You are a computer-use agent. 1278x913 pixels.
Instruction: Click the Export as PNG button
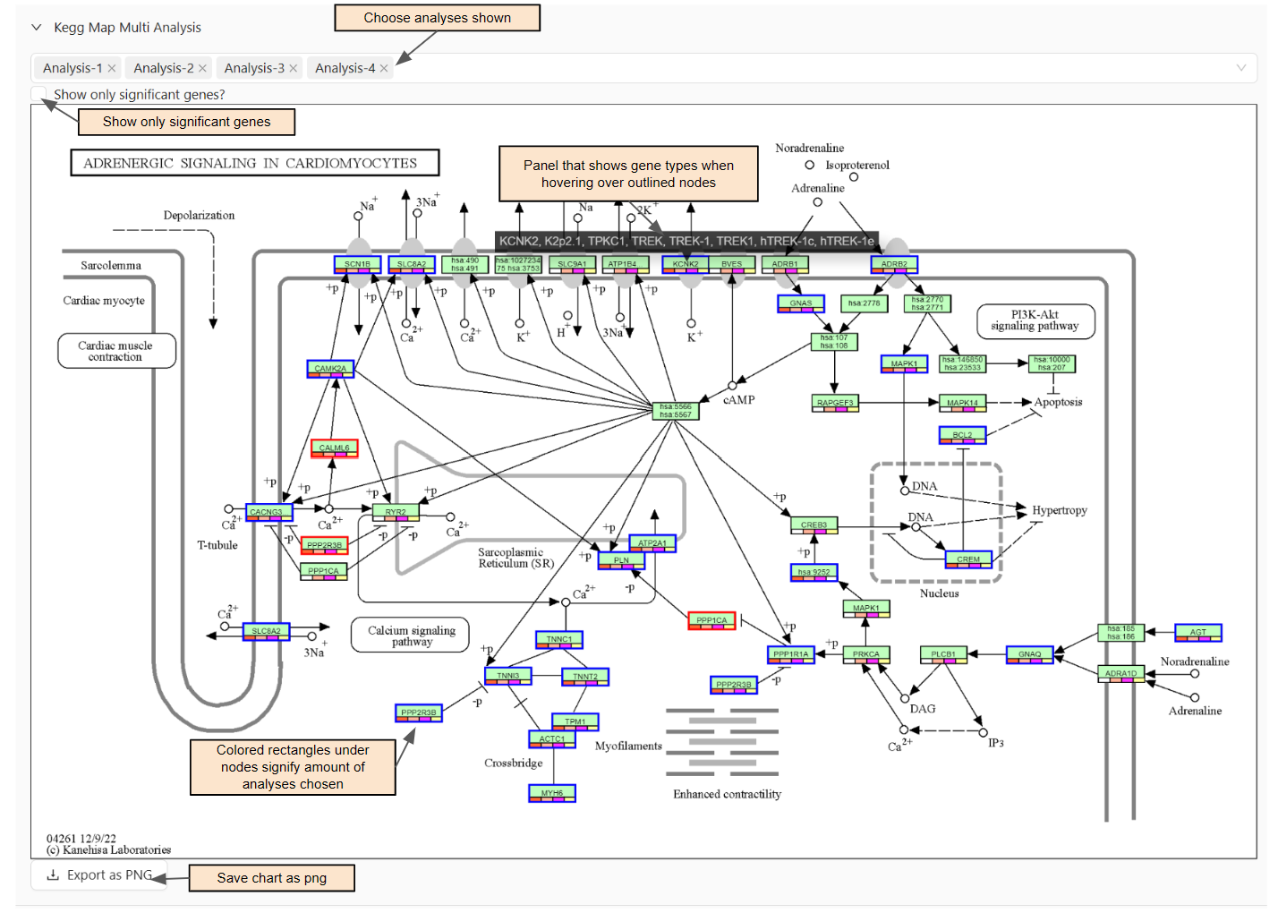coord(100,875)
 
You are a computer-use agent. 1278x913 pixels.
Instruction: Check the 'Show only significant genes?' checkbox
coord(38,94)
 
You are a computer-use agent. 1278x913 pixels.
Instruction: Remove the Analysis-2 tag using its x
coord(203,68)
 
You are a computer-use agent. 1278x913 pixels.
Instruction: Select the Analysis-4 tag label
coord(345,68)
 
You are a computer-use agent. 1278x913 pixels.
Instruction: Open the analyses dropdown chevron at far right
coord(1240,68)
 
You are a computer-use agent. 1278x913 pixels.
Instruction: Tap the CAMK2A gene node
coord(330,369)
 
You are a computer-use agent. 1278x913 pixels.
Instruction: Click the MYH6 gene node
coord(552,793)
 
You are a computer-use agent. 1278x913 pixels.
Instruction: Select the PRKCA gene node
coord(865,654)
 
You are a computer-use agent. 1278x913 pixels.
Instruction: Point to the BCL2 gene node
coord(962,435)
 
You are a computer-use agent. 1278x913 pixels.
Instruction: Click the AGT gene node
coord(1197,633)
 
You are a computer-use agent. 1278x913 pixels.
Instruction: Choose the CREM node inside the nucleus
coord(968,559)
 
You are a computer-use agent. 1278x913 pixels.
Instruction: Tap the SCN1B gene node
coord(357,265)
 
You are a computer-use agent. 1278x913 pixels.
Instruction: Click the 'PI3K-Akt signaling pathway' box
coord(1035,320)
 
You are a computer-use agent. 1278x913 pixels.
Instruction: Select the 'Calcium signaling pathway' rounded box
coord(412,636)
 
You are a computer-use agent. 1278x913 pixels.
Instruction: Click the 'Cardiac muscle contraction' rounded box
coord(115,351)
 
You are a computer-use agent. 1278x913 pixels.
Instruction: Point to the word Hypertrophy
coord(1060,510)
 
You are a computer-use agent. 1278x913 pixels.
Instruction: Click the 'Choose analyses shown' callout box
coord(437,18)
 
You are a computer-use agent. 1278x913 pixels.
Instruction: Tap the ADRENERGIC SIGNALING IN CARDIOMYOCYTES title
coord(254,163)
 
